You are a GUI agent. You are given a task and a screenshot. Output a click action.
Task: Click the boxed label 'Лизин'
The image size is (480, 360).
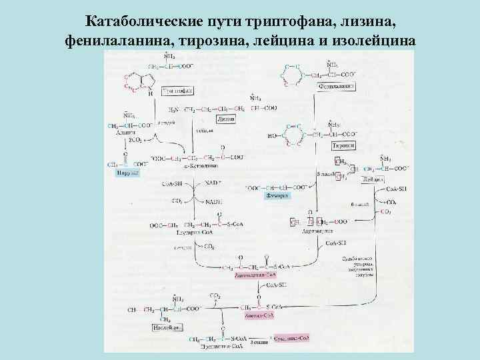[x=226, y=118]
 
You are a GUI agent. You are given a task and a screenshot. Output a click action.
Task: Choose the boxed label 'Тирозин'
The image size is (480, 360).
[x=343, y=145]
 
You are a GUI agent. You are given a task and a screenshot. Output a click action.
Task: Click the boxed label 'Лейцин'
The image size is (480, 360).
[x=373, y=180]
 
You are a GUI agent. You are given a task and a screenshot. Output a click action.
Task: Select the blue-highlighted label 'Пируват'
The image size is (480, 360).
[x=125, y=172]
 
